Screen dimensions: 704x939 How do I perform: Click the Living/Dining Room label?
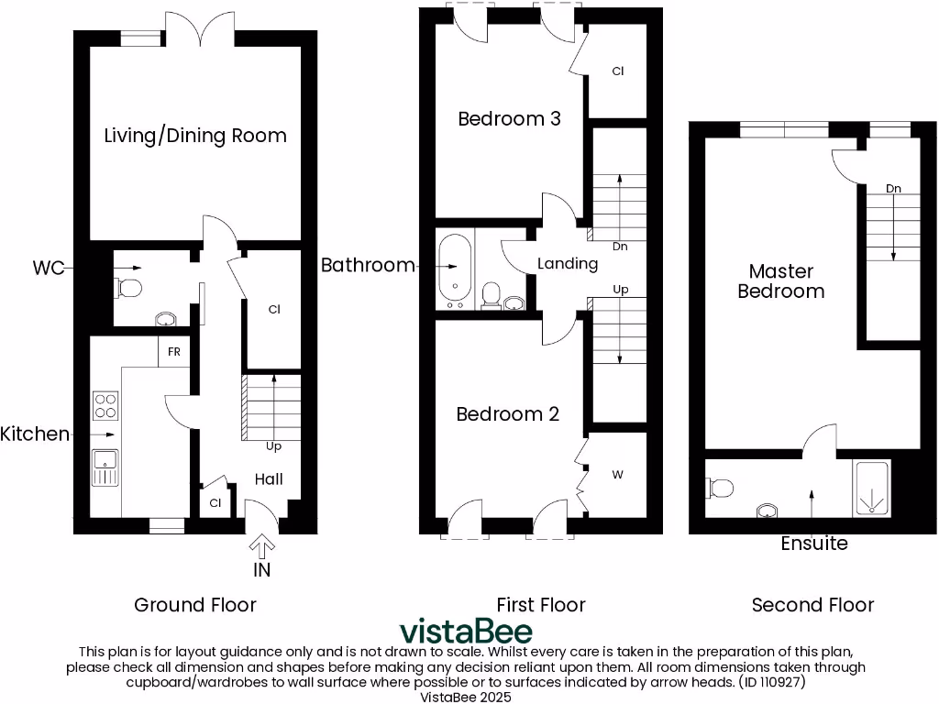(x=194, y=136)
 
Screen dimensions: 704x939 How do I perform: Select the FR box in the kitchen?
(x=173, y=352)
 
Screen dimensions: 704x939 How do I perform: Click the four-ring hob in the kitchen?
(x=105, y=404)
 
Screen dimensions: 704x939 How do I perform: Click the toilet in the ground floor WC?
(x=129, y=289)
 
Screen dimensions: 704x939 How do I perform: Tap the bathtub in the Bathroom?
(x=455, y=269)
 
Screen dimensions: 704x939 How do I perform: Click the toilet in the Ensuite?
(x=720, y=488)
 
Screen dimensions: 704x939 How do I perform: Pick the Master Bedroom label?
(x=780, y=281)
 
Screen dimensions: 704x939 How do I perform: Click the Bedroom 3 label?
(x=509, y=118)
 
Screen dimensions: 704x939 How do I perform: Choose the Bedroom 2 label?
(x=507, y=414)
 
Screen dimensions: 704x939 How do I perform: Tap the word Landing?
(x=568, y=264)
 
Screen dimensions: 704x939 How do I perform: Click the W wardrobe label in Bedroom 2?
(x=617, y=475)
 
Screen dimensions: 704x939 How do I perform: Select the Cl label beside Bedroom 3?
(x=617, y=71)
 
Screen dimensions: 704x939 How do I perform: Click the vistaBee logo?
(x=465, y=632)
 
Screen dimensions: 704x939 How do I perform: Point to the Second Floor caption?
(x=812, y=605)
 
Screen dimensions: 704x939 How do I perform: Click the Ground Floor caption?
(x=195, y=605)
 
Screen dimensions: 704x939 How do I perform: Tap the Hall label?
(x=269, y=478)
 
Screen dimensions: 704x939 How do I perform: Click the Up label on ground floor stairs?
(x=273, y=447)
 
